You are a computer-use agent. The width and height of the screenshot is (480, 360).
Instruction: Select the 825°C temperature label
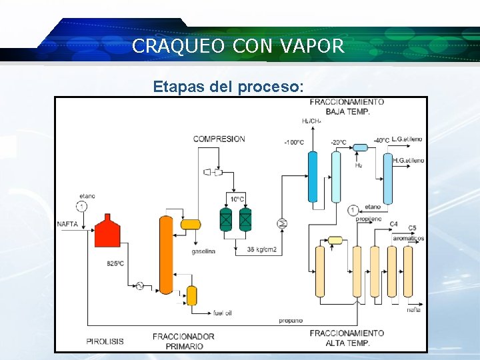click(115, 263)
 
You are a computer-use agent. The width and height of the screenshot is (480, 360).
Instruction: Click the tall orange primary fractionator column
click(165, 254)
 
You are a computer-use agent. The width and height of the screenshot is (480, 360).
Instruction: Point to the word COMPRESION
click(219, 139)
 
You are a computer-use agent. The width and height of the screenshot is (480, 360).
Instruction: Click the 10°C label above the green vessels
click(238, 199)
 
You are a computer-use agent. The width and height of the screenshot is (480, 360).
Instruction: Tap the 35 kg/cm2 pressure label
click(261, 249)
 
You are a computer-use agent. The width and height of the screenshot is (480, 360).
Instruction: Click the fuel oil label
click(223, 312)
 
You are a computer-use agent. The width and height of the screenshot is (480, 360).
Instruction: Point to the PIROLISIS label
click(105, 341)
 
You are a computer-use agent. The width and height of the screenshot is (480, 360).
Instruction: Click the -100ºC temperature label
click(294, 142)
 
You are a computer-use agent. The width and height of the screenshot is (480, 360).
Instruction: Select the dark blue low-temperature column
click(312, 176)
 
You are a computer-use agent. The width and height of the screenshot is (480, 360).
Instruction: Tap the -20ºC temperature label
click(338, 142)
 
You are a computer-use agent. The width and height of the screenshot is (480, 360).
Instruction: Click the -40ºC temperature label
click(382, 140)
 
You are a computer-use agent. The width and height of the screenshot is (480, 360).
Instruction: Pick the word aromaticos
click(408, 238)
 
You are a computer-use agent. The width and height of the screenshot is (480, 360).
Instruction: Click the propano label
click(291, 321)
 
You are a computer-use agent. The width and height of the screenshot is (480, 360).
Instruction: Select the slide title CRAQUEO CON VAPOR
click(239, 46)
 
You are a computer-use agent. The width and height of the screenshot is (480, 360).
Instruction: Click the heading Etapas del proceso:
click(229, 87)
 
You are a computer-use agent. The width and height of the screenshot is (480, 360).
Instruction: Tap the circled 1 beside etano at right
click(353, 210)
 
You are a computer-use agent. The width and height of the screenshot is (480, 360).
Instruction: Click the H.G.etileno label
click(408, 160)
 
